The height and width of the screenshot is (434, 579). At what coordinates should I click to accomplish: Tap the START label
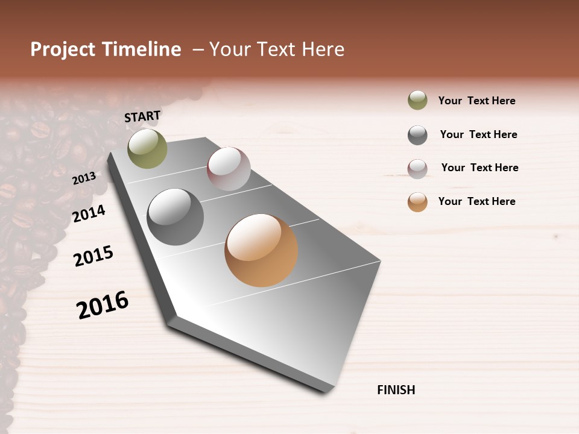[x=142, y=116]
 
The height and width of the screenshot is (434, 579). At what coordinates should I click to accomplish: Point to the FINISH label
[x=396, y=390]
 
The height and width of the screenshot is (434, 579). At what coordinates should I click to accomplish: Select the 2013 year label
[x=84, y=178]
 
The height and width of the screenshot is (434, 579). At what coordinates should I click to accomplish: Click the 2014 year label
[x=89, y=213]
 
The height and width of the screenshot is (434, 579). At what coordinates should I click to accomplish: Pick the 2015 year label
[x=93, y=256]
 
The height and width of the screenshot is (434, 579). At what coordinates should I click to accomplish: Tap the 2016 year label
[x=103, y=304]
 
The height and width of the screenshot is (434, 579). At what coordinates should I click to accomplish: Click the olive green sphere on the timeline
[x=147, y=148]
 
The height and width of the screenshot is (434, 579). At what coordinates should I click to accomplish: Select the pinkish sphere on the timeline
[x=229, y=169]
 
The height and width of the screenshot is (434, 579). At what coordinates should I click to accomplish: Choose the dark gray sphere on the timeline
[x=175, y=217]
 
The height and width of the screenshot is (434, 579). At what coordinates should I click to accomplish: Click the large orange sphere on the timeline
[x=261, y=250]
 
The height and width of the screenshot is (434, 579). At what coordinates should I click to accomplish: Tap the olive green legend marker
[x=417, y=101]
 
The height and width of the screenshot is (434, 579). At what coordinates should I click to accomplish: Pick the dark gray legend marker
[x=417, y=135]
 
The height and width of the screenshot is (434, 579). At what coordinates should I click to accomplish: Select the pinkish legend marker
[x=417, y=169]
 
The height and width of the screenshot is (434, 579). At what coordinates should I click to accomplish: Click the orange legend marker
[x=417, y=202]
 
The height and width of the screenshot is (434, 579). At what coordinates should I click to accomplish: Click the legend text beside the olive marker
[x=476, y=101]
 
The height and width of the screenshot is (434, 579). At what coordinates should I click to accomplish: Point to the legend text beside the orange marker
[x=476, y=201]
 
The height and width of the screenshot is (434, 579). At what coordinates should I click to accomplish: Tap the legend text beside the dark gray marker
[x=478, y=134]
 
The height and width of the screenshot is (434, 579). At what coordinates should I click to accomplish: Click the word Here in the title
[x=323, y=49]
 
